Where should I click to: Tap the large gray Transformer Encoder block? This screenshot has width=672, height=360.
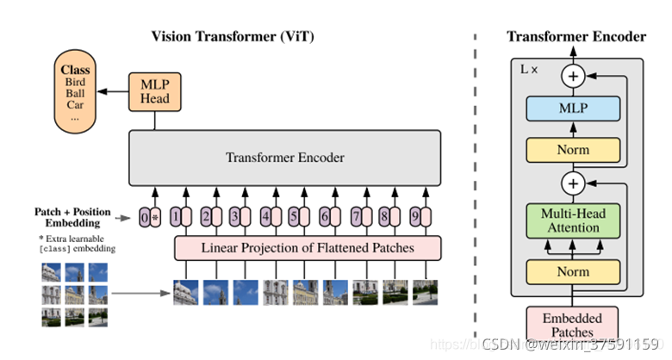(x=284, y=158)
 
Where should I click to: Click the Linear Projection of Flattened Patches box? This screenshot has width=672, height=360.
(x=308, y=248)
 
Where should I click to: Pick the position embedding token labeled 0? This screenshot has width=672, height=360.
(x=146, y=217)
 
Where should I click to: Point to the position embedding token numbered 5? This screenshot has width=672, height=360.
(x=294, y=217)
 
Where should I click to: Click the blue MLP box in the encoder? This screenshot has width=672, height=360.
(x=572, y=109)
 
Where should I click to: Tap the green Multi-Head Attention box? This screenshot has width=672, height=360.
(x=572, y=220)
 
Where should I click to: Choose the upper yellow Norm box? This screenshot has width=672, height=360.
(x=572, y=150)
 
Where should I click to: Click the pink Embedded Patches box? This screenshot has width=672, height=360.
(x=572, y=323)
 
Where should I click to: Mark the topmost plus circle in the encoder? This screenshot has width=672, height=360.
(x=572, y=77)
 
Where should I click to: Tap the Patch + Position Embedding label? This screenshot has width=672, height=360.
(x=72, y=217)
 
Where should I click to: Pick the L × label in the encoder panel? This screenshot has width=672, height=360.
(x=526, y=69)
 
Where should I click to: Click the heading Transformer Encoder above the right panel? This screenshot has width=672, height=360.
(x=576, y=36)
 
